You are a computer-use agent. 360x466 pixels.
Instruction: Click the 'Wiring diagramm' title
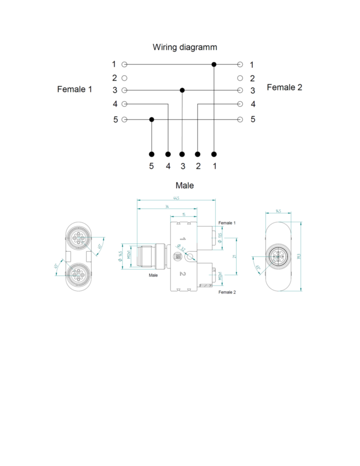[185, 47]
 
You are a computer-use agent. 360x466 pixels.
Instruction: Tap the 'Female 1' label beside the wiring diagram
[75, 89]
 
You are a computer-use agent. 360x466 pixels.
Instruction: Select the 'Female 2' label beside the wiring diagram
[284, 88]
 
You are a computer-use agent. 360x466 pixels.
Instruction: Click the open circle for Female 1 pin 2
[124, 78]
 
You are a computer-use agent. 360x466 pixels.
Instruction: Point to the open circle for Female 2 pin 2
[240, 78]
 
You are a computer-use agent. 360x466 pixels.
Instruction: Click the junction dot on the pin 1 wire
[214, 64]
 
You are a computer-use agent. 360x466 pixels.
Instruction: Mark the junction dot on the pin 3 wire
[182, 90]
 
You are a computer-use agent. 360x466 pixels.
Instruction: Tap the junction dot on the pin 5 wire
[151, 119]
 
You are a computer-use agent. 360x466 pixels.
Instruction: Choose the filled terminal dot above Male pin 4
[168, 154]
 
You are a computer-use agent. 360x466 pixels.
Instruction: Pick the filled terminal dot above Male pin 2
[198, 154]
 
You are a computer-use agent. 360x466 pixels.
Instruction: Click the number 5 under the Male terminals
[151, 166]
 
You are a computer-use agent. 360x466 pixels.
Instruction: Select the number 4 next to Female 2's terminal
[253, 104]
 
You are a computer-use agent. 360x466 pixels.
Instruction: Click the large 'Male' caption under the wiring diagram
[184, 185]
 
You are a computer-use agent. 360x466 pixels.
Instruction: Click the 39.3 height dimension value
[299, 257]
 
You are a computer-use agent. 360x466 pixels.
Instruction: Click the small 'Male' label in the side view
[153, 275]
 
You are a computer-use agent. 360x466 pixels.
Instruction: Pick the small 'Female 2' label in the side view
[227, 292]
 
